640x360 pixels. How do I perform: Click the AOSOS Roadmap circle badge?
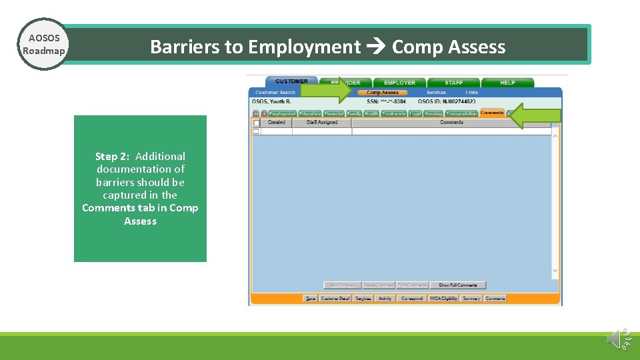pos(43,45)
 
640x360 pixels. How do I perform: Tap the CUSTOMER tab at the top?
pos(291,81)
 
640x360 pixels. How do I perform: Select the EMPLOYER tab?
pos(399,83)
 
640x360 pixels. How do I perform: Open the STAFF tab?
pos(453,83)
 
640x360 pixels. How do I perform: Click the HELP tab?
pos(507,83)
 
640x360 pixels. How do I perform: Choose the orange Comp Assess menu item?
pos(383,93)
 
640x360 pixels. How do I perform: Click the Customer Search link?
pos(275,93)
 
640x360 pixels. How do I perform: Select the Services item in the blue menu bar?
pos(436,93)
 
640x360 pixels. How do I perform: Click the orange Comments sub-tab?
pos(492,113)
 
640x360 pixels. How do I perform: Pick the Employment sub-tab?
pos(282,114)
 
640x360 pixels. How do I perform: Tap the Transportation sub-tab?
pos(461,114)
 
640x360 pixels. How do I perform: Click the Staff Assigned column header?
pos(322,123)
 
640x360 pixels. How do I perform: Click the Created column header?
pos(276,123)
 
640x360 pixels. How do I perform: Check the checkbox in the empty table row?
pos(256,131)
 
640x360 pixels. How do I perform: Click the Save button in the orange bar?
pos(311,299)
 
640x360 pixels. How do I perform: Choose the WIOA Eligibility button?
pos(443,299)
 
